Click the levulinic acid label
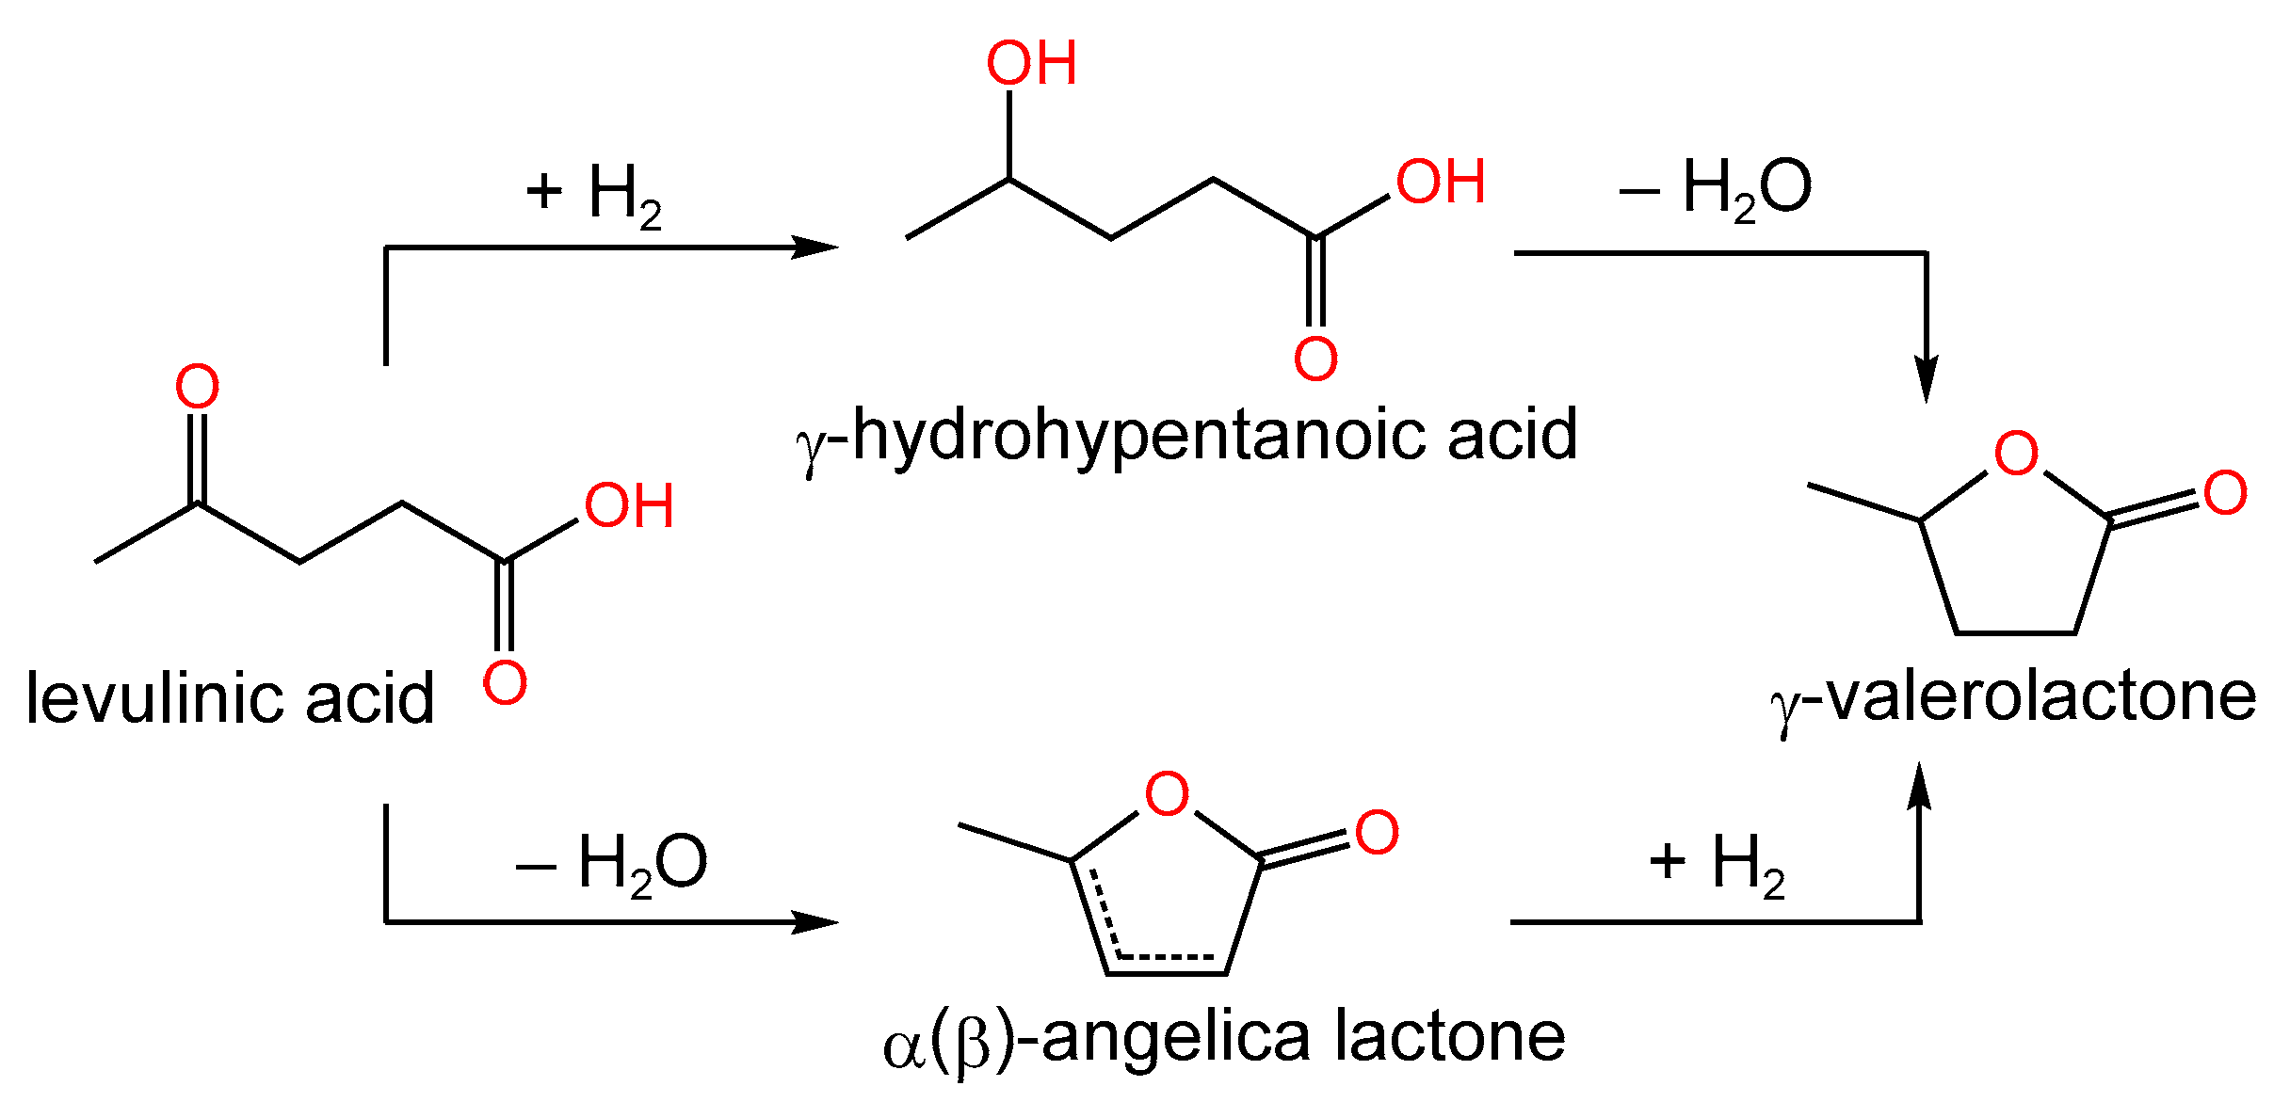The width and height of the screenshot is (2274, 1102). tap(230, 698)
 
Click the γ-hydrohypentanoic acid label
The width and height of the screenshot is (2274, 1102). tap(1186, 436)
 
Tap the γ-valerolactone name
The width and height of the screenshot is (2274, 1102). tap(2014, 698)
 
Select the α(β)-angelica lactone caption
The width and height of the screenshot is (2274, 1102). tap(1224, 1038)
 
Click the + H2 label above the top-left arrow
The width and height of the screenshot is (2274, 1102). tap(594, 195)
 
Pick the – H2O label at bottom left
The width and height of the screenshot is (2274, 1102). tap(612, 864)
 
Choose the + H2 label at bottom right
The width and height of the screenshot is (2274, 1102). tap(1717, 864)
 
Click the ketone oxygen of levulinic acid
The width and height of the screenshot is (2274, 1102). tap(198, 387)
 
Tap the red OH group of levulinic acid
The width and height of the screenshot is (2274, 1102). tap(629, 506)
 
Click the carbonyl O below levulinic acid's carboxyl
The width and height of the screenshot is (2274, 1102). tap(505, 682)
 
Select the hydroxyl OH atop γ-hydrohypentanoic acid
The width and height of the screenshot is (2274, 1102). tap(1031, 64)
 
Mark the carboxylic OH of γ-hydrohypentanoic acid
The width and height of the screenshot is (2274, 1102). tap(1441, 182)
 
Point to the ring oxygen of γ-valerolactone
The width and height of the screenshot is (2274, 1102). tap(2016, 454)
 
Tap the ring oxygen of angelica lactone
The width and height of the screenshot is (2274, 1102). tap(1167, 794)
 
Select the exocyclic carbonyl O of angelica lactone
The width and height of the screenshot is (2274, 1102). tap(1377, 833)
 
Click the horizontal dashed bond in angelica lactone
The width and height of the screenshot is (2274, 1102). tap(1165, 957)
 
